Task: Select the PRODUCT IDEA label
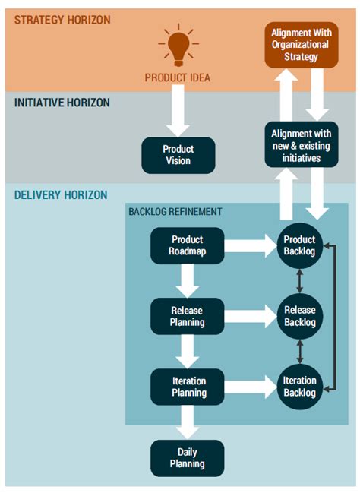pyautogui.click(x=178, y=77)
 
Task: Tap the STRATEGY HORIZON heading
pyautogui.click(x=62, y=19)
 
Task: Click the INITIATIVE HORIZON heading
pyautogui.click(x=62, y=102)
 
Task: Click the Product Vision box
pyautogui.click(x=178, y=154)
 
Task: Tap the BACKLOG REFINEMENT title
pyautogui.click(x=175, y=212)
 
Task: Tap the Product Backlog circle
pyautogui.click(x=299, y=245)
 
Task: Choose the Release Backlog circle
pyautogui.click(x=299, y=316)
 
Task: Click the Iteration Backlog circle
pyautogui.click(x=299, y=386)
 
